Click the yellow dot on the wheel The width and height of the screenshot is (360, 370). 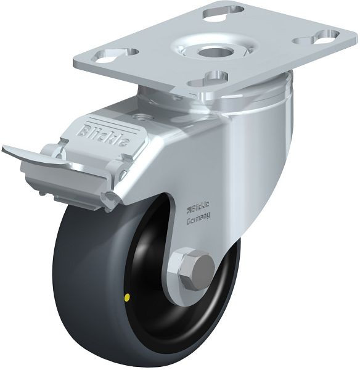pos(128,298)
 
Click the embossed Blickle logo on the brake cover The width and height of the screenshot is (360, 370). pos(104,134)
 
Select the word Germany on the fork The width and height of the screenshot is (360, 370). pos(198,217)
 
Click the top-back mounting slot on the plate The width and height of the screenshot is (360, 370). pos(223,13)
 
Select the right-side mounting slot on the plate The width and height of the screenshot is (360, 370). pos(316,38)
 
